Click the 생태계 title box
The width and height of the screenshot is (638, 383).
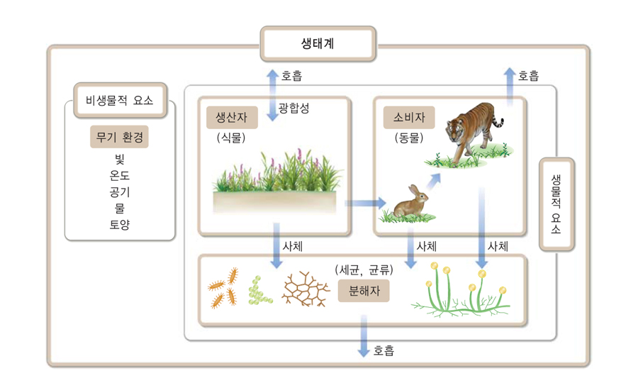click(318, 43)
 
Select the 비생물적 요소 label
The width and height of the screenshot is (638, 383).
click(120, 101)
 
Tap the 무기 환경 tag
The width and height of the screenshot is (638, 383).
click(119, 137)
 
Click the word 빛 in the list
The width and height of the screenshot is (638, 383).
click(119, 159)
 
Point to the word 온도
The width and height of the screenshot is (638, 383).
click(119, 175)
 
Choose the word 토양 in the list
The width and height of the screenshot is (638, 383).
click(119, 224)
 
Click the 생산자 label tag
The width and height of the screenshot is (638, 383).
click(232, 117)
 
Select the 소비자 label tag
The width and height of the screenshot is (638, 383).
click(409, 117)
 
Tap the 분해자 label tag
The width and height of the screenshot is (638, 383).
click(364, 291)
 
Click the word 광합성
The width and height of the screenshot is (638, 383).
click(293, 108)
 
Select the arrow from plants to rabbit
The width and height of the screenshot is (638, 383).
click(365, 203)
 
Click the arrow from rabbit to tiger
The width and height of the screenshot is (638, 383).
click(434, 182)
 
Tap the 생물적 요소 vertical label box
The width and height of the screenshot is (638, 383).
click(556, 204)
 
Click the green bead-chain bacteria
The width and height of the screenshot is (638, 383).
click(258, 291)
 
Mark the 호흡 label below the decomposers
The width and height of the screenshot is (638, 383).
click(384, 350)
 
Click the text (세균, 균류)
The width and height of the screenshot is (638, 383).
click(364, 270)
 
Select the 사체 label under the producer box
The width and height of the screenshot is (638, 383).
click(293, 246)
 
